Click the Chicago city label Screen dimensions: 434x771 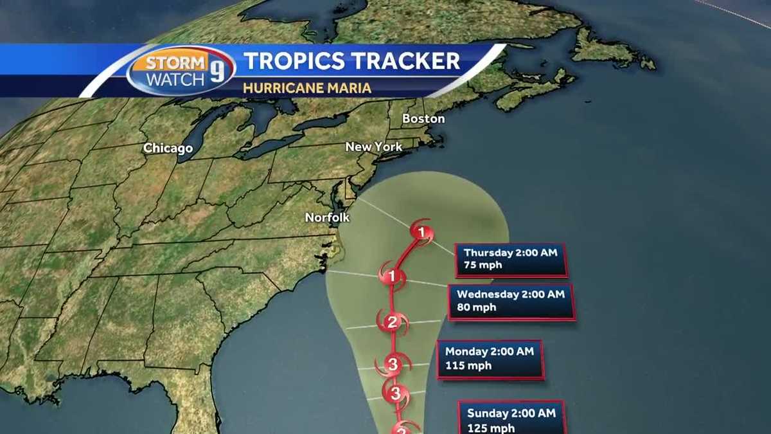coord(168,149)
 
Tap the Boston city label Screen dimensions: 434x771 coord(423,119)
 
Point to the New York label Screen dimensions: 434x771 coord(374,147)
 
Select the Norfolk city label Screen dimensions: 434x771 coord(327,217)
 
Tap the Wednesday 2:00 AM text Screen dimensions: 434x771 coord(510,294)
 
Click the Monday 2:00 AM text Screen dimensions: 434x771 coord(489,352)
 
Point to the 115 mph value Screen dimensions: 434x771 coord(468,365)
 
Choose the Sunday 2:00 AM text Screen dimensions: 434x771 coord(511,413)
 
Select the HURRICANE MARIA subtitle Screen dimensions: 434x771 coord(307,88)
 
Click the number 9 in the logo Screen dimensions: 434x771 coord(218,71)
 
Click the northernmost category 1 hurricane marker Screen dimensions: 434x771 coord(421,232)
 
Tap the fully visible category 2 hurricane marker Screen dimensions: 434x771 coord(392,322)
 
